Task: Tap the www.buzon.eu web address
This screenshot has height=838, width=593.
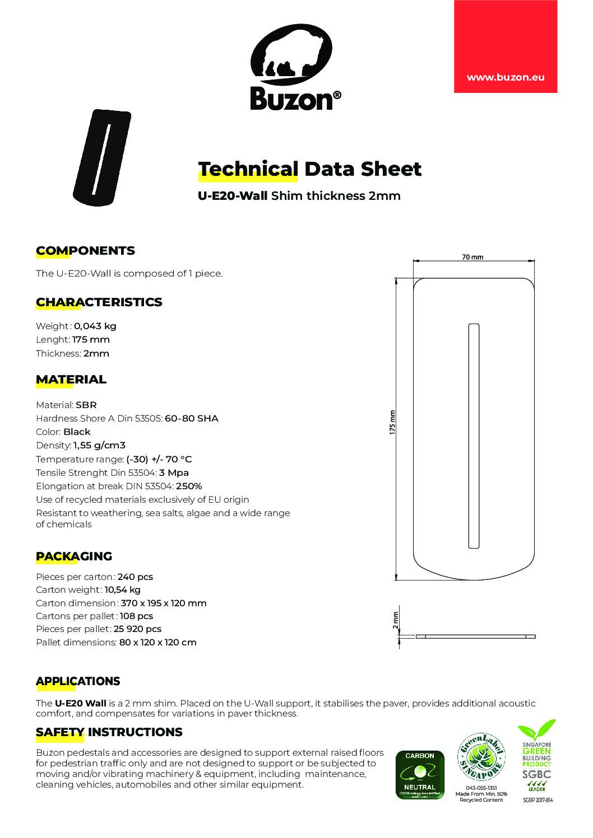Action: tap(506, 78)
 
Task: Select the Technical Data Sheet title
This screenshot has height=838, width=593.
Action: tap(309, 168)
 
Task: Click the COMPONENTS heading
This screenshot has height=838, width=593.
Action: tap(85, 250)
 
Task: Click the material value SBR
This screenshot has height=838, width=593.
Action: tap(86, 405)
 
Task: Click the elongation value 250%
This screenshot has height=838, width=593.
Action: tap(189, 486)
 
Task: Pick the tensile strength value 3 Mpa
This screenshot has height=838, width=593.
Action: tap(174, 472)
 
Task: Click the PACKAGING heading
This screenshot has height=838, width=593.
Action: tap(74, 556)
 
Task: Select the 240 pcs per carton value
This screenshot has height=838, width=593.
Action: tap(135, 577)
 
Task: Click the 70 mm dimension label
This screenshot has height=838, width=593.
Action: tap(472, 258)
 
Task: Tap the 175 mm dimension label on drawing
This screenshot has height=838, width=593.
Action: tap(393, 422)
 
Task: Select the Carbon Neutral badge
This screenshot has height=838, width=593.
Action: tap(420, 774)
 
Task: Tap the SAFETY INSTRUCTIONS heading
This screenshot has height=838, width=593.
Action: tap(109, 732)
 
